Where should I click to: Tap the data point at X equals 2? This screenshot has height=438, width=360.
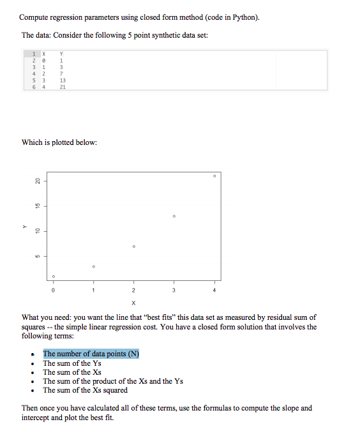(x=133, y=246)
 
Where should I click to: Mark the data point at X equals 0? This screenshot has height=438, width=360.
(x=54, y=276)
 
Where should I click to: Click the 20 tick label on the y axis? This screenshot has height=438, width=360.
(x=38, y=181)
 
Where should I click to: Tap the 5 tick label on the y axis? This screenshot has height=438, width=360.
(x=38, y=257)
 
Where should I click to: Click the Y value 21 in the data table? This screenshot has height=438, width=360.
(x=62, y=87)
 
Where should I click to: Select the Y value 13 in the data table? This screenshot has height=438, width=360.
(x=62, y=80)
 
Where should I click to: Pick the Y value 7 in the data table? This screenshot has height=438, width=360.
(x=61, y=74)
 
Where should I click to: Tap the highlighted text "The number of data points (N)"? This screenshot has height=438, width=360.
(x=91, y=354)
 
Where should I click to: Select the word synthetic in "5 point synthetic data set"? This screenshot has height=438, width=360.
(x=149, y=35)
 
